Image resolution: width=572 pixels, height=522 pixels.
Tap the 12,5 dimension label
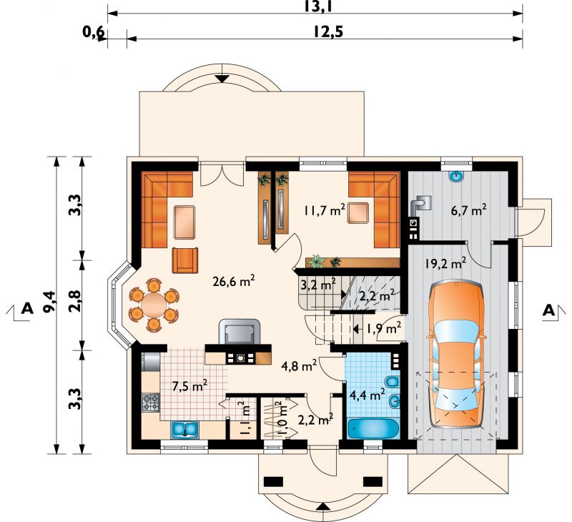pyautogui.click(x=328, y=32)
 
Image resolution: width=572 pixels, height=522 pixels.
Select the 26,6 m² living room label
pyautogui.click(x=233, y=282)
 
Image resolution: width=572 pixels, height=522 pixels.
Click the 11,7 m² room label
pyautogui.click(x=325, y=210)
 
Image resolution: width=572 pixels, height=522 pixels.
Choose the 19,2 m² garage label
pyautogui.click(x=445, y=262)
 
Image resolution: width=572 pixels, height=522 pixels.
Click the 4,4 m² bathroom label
pyautogui.click(x=368, y=395)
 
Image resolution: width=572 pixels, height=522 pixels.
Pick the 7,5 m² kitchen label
pyautogui.click(x=190, y=386)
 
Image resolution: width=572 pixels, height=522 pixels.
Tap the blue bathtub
pyautogui.click(x=373, y=428)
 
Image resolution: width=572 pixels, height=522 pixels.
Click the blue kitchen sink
pyautogui.click(x=184, y=429)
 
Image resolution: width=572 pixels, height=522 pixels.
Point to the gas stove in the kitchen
pyautogui.click(x=151, y=403)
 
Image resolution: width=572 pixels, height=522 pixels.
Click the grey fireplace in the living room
pyautogui.click(x=240, y=332)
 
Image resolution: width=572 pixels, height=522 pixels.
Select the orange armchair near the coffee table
pyautogui.click(x=185, y=260)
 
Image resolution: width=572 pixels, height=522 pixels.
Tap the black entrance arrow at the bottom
pyautogui.click(x=322, y=507)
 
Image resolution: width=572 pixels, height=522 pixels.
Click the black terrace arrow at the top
pyautogui.click(x=222, y=79)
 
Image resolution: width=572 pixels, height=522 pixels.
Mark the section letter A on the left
pyautogui.click(x=27, y=309)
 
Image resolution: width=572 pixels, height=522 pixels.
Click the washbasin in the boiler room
pyautogui.click(x=456, y=177)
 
